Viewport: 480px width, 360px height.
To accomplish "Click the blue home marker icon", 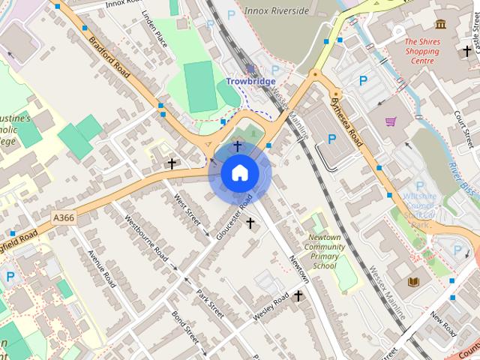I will coord(240,173).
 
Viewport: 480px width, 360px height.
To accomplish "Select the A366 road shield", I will coord(64,217).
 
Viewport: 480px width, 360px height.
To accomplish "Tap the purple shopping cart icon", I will coord(391,121).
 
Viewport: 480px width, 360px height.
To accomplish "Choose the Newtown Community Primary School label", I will coord(325,251).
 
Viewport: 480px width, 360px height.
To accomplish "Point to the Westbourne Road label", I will coord(145,235).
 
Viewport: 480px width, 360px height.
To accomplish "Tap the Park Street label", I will coord(211,302).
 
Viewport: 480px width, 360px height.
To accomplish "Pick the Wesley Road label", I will coord(270,308).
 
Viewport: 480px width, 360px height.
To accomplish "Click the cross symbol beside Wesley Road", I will coord(298,296).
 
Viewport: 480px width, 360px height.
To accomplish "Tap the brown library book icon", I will coord(413,281).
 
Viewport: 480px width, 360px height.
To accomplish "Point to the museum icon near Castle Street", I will coord(440,24).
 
